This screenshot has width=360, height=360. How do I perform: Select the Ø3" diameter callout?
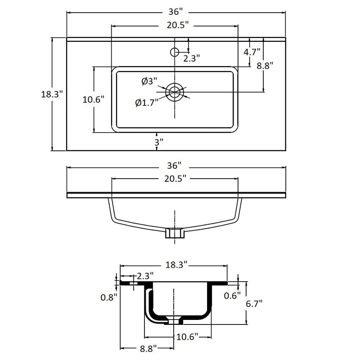tap(149, 81)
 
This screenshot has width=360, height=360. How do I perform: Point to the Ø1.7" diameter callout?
tap(147, 103)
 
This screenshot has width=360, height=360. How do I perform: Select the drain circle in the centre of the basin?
tap(175, 92)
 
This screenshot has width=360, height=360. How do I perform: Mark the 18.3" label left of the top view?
tap(51, 94)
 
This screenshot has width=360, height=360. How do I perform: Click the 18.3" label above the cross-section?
tap(176, 265)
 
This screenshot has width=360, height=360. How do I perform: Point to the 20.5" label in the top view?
tap(176, 26)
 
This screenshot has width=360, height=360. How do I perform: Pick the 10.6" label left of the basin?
tap(94, 99)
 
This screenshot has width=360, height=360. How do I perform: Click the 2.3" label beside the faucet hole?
tap(191, 58)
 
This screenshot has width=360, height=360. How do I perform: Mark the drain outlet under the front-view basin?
tap(174, 233)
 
